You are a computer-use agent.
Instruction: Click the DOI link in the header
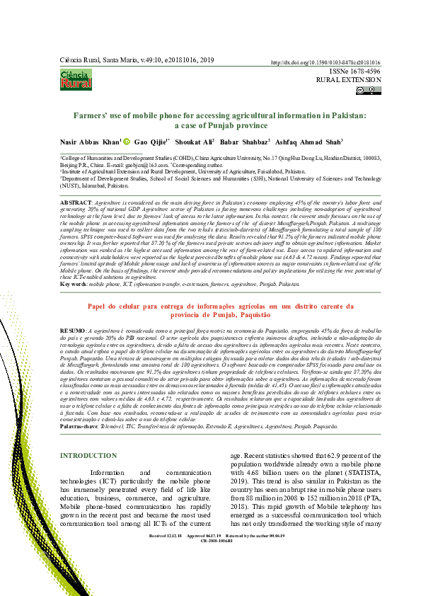[325, 62]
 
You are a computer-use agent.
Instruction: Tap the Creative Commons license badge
[369, 90]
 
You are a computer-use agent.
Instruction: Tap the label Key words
[74, 283]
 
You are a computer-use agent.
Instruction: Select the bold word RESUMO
[73, 331]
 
